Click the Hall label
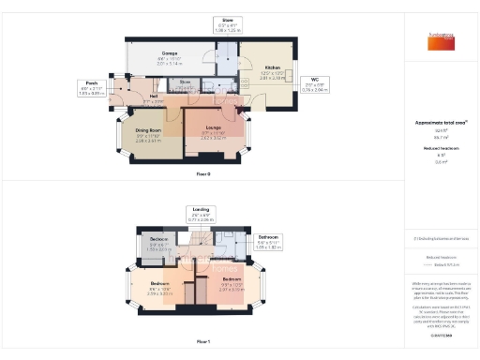pyautogui.click(x=152, y=97)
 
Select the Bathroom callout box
pyautogui.click(x=270, y=241)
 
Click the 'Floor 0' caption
pyautogui.click(x=203, y=174)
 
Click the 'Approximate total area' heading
pyautogui.click(x=434, y=123)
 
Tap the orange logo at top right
pyautogui.click(x=432, y=38)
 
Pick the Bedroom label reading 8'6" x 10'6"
pyautogui.click(x=160, y=287)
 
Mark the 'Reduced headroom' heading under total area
pyautogui.click(x=434, y=148)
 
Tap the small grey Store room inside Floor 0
pyautogui.click(x=186, y=85)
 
